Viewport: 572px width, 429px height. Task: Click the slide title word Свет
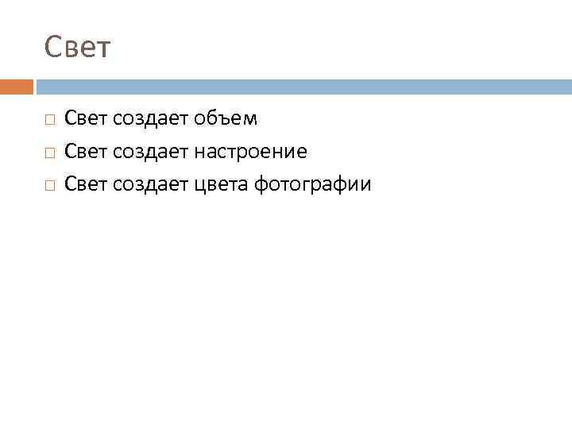(79, 48)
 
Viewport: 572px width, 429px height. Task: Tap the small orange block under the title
(17, 87)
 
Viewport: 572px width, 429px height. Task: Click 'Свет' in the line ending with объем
(87, 119)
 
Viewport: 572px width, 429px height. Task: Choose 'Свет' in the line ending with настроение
(87, 152)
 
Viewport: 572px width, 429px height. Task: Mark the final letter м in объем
(250, 120)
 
